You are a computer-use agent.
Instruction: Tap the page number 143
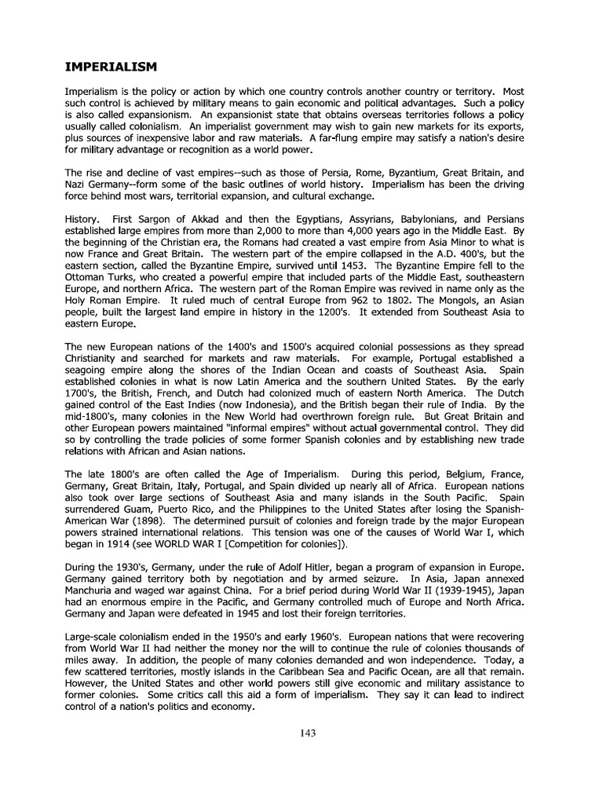tap(307, 733)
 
